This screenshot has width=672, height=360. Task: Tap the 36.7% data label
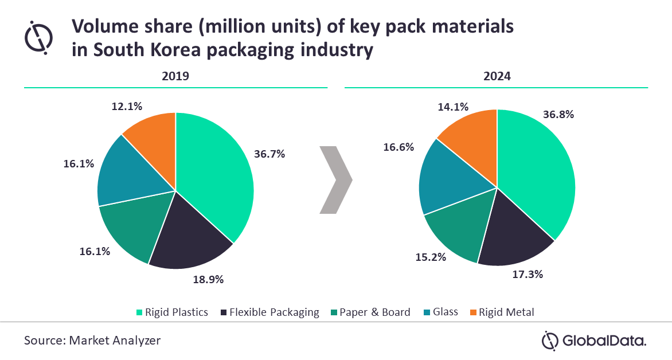point(269,154)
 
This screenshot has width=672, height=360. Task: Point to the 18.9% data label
point(208,280)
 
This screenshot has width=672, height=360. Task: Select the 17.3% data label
point(528,274)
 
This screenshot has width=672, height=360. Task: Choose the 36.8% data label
point(558,114)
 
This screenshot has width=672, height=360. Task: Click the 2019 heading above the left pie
point(175,76)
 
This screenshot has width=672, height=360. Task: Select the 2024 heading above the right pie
point(497,76)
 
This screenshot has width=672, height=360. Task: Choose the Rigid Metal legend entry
point(503,312)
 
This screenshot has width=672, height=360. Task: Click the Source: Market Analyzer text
point(92,341)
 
